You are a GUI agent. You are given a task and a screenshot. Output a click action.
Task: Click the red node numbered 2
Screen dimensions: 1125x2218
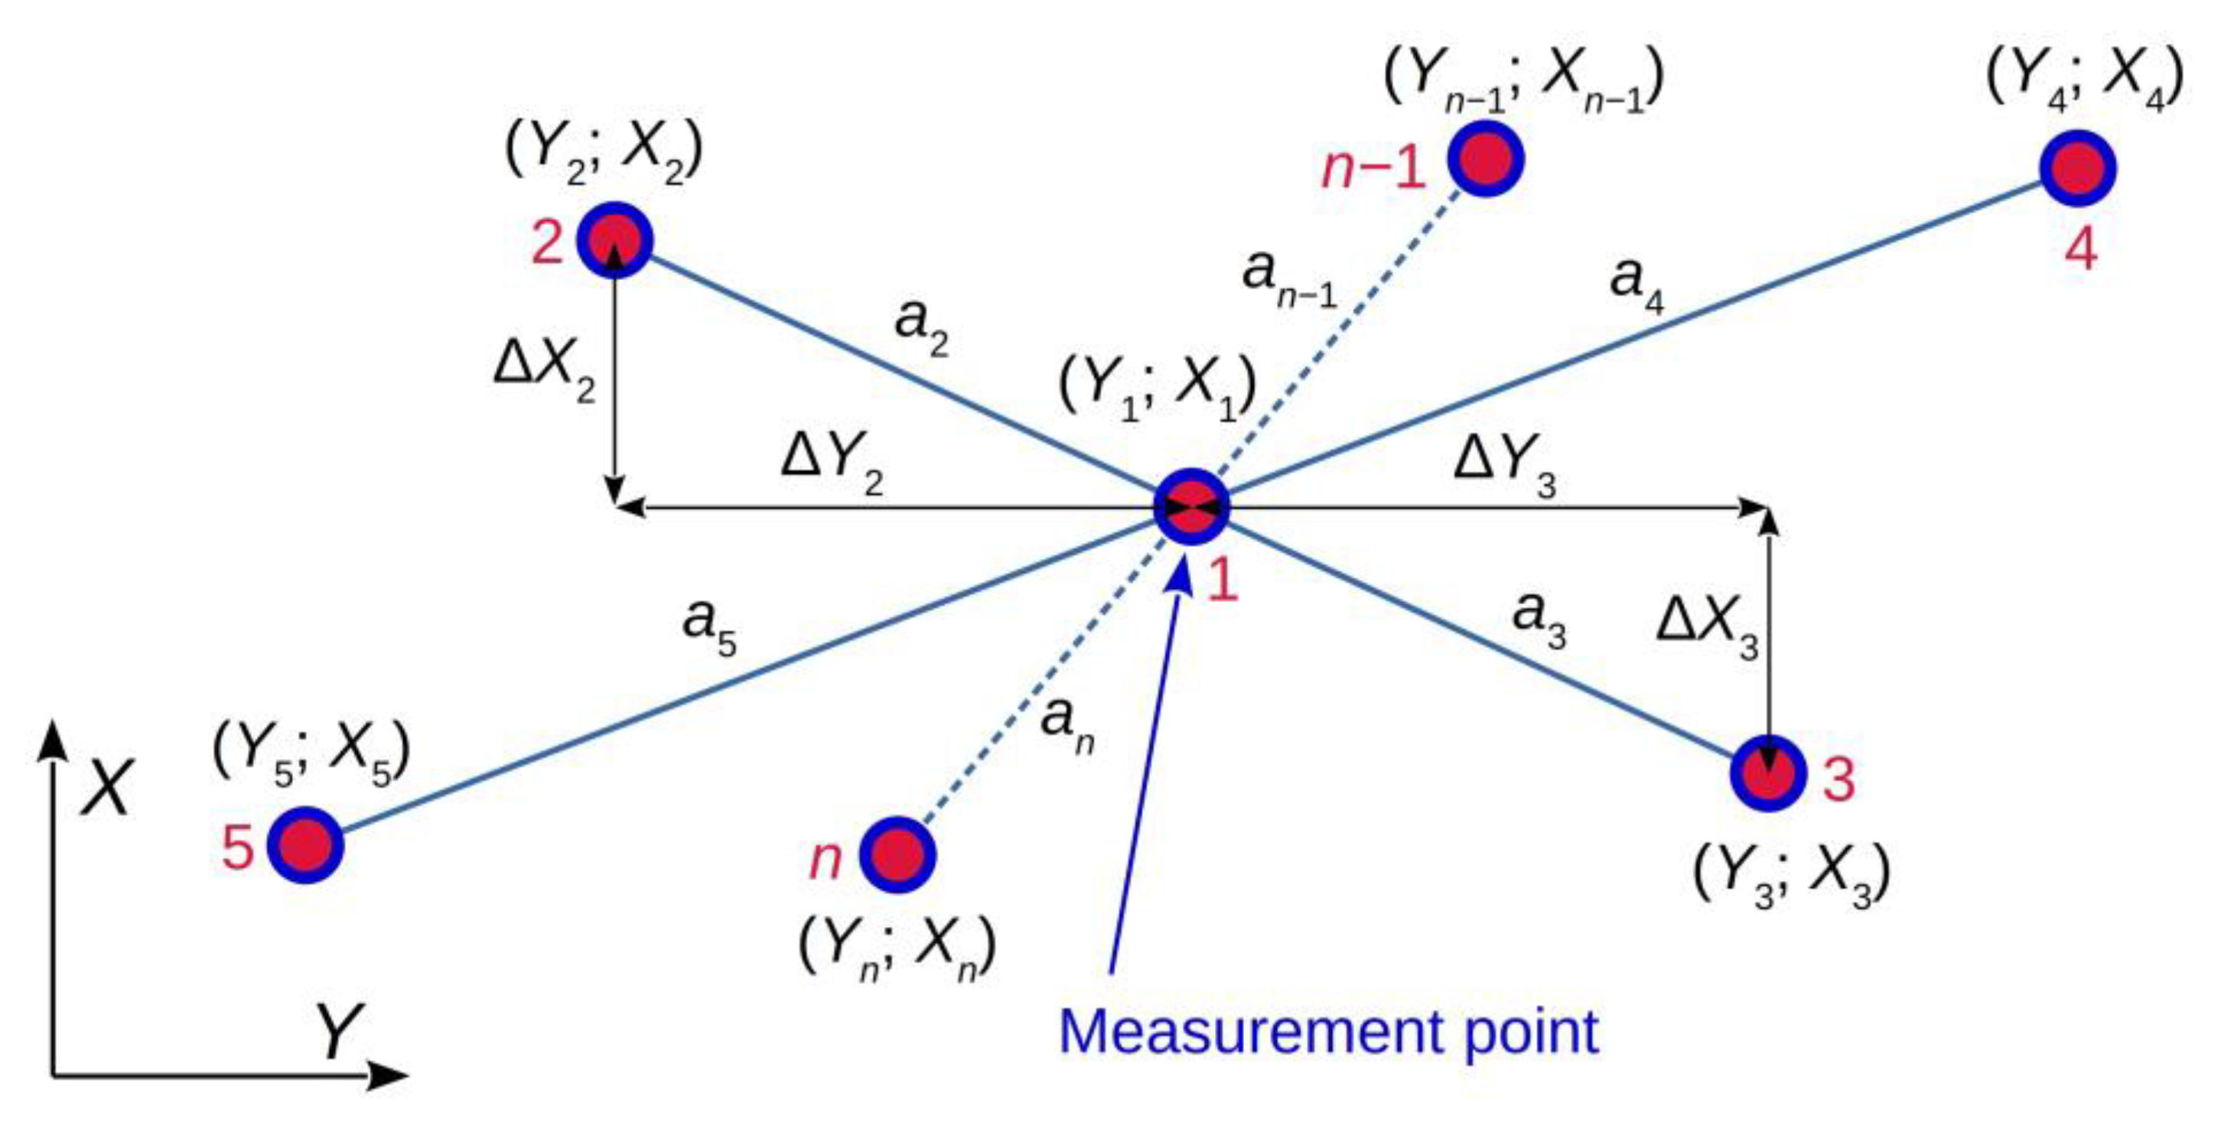point(614,239)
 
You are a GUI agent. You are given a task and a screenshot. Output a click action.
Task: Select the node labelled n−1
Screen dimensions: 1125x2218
point(1485,158)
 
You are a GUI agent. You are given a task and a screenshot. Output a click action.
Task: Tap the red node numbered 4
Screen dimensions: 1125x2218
point(2078,169)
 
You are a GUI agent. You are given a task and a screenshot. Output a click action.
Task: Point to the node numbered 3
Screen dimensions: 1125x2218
point(1767,774)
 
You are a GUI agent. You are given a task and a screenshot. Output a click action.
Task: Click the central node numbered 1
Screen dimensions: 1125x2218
point(1192,507)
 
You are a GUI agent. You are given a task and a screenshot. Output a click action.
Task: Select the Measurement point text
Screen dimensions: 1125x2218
point(1328,1031)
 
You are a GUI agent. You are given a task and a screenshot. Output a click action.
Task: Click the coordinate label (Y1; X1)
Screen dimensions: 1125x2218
point(1156,389)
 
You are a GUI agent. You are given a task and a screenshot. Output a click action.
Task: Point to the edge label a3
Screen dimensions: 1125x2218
point(1538,619)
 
